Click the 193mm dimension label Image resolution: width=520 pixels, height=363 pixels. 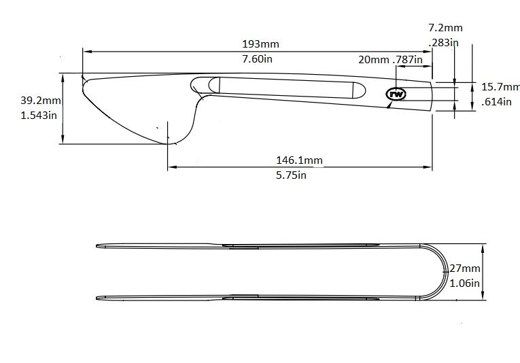tap(260, 44)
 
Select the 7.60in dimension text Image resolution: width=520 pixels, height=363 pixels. tap(258, 59)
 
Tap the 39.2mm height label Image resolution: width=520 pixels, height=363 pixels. tap(41, 101)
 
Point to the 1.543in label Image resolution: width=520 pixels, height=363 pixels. tap(38, 115)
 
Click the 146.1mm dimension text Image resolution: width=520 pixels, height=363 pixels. tap(299, 160)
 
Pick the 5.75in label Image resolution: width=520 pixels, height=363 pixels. tap(292, 175)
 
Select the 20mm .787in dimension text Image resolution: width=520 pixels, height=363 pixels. tap(390, 60)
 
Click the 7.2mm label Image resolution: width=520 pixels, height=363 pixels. tap(445, 28)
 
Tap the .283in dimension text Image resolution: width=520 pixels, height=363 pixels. tap(444, 42)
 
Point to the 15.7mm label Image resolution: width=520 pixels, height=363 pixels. tap(500, 87)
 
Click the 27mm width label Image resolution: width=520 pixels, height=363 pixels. tap(466, 269)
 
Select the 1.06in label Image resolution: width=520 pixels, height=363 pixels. tap(466, 283)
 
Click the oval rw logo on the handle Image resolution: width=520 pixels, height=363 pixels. tap(396, 94)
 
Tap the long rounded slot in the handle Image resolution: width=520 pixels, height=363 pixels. tap(285, 87)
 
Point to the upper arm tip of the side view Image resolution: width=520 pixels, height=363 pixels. tap(99, 246)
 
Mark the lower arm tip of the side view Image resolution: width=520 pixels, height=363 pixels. tap(99, 297)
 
